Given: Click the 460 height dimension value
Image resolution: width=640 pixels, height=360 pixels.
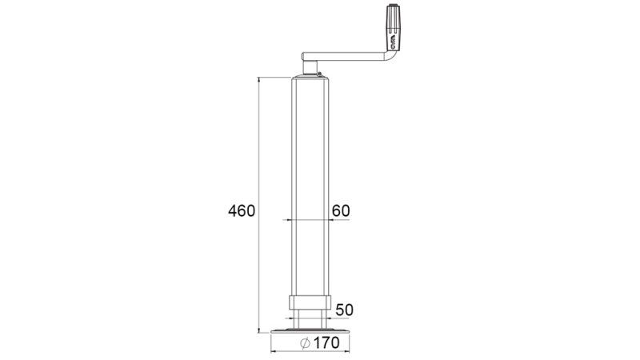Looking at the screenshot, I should (241, 211).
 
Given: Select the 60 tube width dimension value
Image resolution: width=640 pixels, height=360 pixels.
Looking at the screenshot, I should (340, 210).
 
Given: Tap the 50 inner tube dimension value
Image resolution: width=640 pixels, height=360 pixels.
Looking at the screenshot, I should (345, 310).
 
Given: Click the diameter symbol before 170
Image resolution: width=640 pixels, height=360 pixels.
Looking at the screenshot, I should (304, 344).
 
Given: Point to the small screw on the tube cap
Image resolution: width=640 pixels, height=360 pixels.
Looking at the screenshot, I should (318, 75).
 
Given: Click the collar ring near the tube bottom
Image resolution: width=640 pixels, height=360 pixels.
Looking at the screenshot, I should (309, 306).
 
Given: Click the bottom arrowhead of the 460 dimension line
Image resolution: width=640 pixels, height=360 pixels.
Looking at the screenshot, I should (259, 330).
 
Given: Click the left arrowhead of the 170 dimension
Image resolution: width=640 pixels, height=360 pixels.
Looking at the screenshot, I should (274, 351).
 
